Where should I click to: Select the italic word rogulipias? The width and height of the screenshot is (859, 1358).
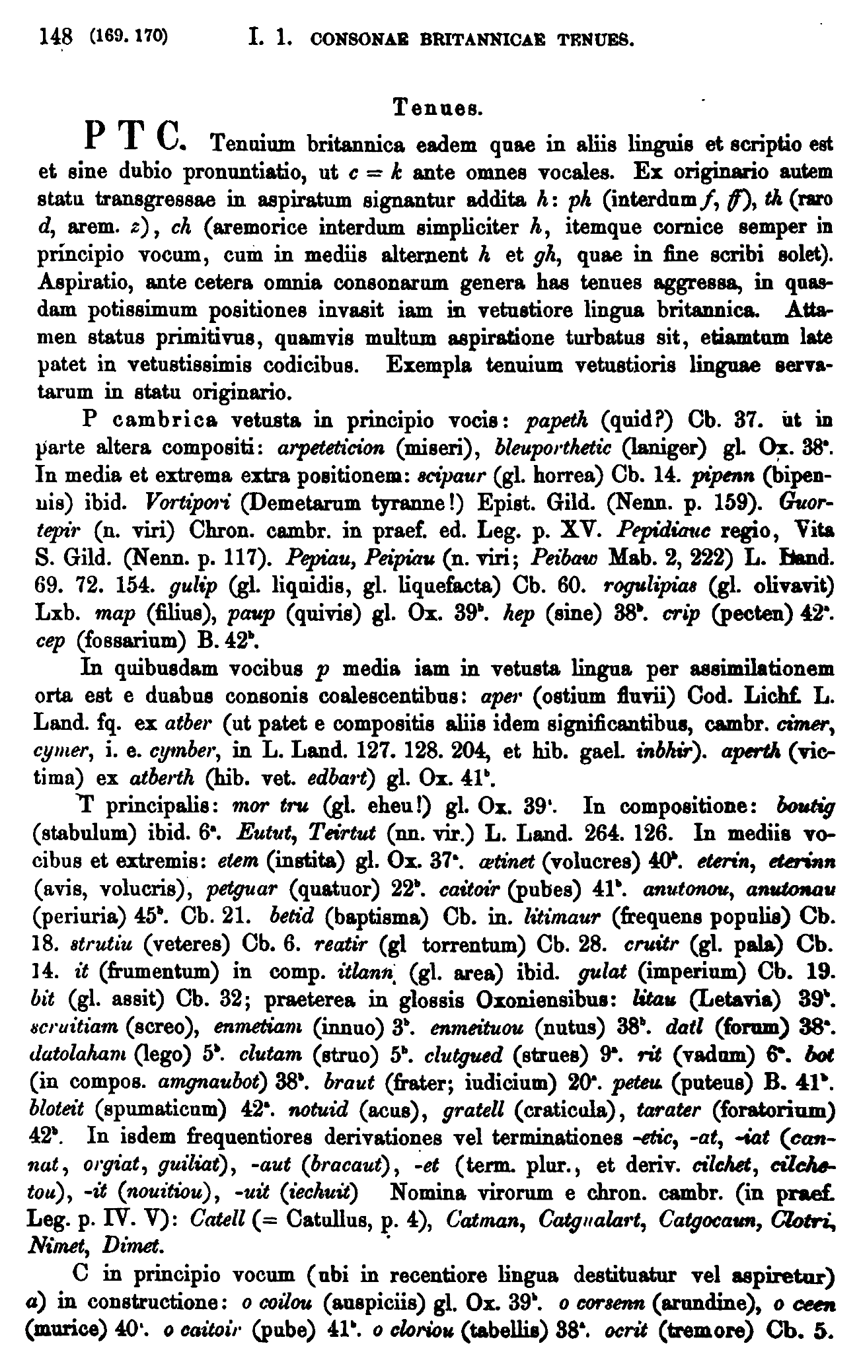click(652, 585)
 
